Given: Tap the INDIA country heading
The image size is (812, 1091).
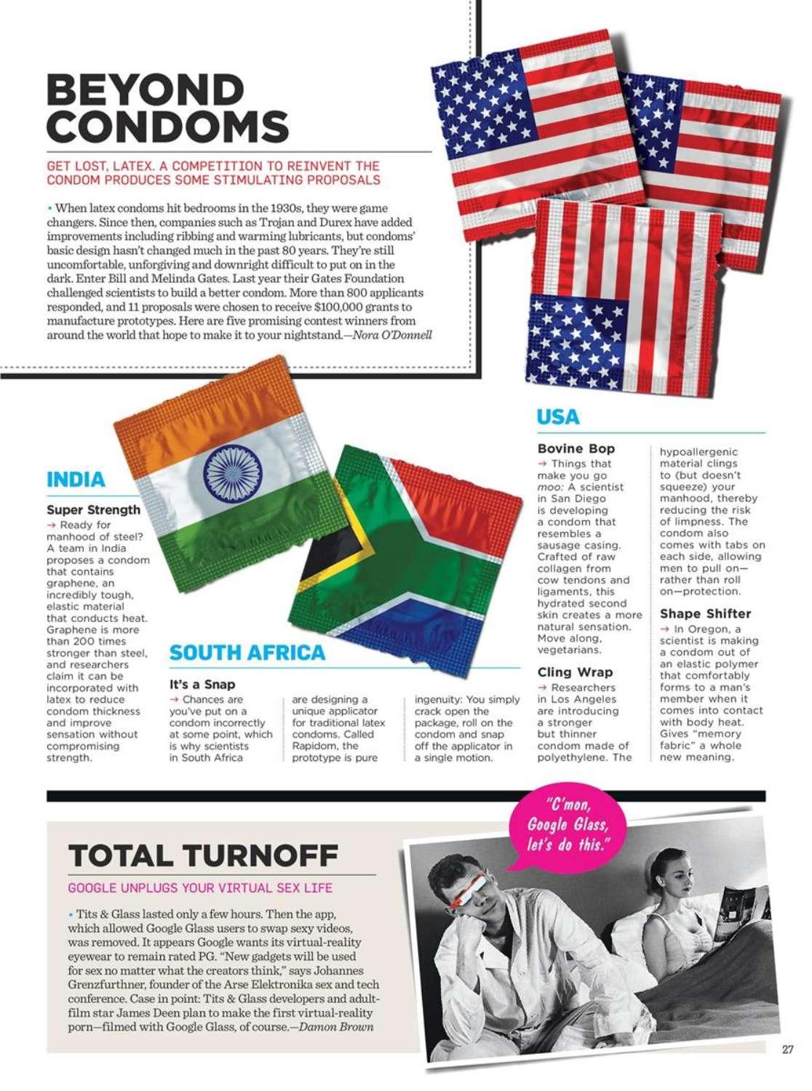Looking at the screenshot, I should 76,480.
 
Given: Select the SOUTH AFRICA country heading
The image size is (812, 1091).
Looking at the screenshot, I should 247,652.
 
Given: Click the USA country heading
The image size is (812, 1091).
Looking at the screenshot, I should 558,417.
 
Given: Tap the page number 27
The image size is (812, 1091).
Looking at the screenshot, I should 787,1050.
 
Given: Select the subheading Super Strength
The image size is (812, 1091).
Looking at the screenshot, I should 93,510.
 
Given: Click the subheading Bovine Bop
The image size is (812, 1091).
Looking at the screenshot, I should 576,449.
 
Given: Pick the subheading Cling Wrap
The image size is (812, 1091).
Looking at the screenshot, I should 575,672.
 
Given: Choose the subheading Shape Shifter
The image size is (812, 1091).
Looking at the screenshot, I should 705,614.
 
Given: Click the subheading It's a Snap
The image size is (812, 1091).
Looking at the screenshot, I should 202,684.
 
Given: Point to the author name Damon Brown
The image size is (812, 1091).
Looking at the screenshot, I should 336,1027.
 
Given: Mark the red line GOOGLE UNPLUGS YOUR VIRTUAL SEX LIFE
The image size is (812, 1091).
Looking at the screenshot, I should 200,888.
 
